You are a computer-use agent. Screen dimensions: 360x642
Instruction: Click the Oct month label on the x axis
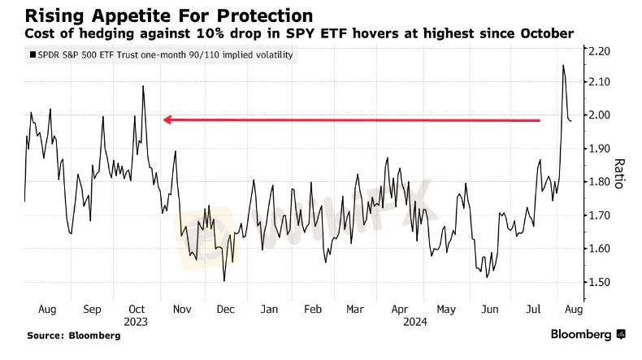(137, 309)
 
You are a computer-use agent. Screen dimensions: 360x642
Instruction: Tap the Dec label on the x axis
(225, 309)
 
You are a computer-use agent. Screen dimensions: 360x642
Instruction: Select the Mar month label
(355, 309)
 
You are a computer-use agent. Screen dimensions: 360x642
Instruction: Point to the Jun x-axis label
(489, 309)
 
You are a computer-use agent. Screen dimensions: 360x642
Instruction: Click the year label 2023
(137, 321)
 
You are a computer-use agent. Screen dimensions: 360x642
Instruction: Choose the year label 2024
(400, 321)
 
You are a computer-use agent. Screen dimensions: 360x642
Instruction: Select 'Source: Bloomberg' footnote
(68, 335)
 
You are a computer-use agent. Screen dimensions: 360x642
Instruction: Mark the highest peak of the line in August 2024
(563, 66)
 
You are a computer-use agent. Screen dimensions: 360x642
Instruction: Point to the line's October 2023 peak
(143, 85)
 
